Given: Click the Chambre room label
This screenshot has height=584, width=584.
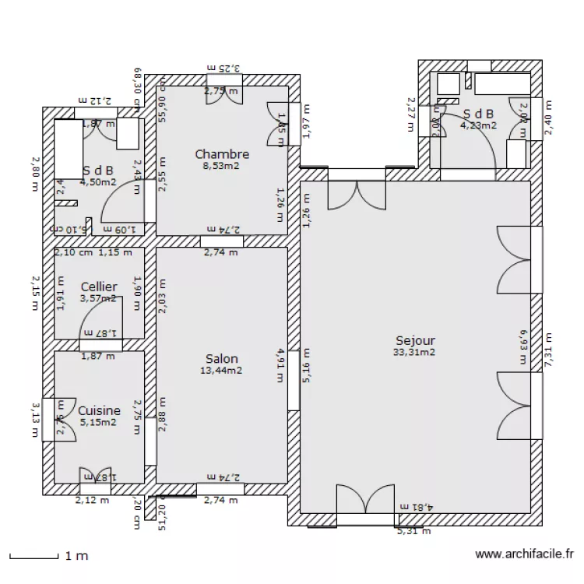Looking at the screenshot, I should (222, 154).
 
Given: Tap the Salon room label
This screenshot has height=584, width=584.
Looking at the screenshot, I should (222, 358).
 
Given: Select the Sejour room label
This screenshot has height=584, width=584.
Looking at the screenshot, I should (415, 340).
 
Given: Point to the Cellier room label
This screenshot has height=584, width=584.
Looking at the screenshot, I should (99, 287).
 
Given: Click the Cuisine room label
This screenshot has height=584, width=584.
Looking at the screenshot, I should (99, 410).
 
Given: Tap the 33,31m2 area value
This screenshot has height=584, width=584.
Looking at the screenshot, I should (415, 352).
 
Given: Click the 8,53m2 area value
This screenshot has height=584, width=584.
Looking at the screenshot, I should (222, 166).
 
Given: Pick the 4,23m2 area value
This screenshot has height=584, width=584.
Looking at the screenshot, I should (477, 125).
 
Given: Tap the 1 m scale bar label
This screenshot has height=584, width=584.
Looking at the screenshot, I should (76, 556).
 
